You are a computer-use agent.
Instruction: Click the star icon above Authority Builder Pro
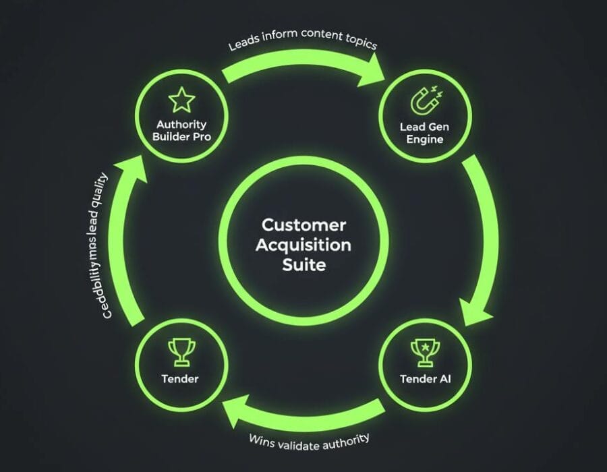tap(181, 100)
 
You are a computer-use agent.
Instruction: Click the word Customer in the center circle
tap(303, 225)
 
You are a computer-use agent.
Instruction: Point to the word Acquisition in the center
tap(303, 244)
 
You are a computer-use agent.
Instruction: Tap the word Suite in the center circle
tap(303, 264)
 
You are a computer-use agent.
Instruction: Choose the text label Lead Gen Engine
tap(425, 133)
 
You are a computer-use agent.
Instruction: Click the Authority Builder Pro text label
tap(181, 130)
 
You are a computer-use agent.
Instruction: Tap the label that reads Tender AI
tap(425, 379)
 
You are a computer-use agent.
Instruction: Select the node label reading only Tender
tap(180, 379)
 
